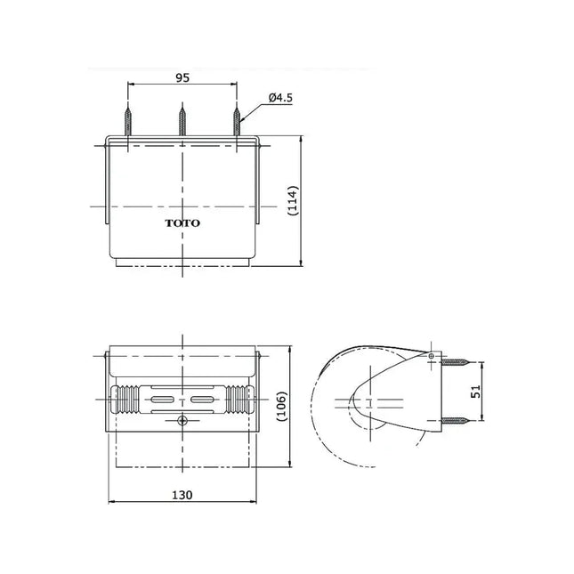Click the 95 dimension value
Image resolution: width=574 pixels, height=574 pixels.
point(182,78)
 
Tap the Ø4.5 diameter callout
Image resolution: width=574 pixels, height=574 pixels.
point(280,98)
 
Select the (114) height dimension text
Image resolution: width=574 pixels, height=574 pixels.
point(293,200)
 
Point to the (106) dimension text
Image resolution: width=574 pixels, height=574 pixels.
point(282,406)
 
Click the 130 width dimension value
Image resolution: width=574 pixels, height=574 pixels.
point(182,495)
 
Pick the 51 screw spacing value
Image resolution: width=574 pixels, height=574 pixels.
point(476,392)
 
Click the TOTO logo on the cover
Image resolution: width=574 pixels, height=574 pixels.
point(182,223)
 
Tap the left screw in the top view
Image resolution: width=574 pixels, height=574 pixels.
point(128,121)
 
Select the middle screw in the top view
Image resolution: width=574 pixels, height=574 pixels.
point(182,121)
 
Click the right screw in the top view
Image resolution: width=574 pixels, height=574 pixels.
point(237,121)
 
